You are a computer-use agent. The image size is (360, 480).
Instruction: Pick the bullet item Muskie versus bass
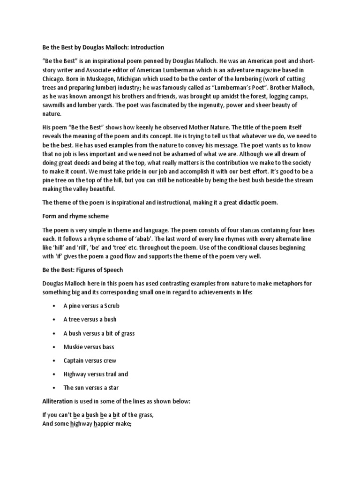(89, 347)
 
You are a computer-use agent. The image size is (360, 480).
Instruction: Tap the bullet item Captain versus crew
(90, 360)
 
